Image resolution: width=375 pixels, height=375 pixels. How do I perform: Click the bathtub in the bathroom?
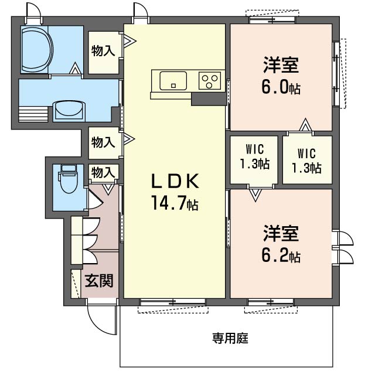36,49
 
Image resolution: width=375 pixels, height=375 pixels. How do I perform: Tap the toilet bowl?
67,180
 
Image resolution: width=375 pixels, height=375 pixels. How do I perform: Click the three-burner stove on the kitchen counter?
209,80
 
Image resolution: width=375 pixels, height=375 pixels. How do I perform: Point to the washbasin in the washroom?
70,110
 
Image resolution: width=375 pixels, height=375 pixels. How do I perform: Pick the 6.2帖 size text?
281,256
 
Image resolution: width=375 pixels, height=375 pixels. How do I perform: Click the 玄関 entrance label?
98,281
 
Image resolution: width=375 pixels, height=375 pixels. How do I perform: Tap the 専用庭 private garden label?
230,338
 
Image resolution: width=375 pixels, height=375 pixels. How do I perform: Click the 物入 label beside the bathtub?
103,51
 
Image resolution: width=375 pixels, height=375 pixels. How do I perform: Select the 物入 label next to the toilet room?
103,173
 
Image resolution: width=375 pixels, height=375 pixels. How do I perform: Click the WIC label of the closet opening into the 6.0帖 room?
308,161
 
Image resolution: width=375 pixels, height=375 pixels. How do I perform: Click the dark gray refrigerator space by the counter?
209,99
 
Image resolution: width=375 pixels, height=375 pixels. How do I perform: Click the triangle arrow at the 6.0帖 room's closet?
305,125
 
